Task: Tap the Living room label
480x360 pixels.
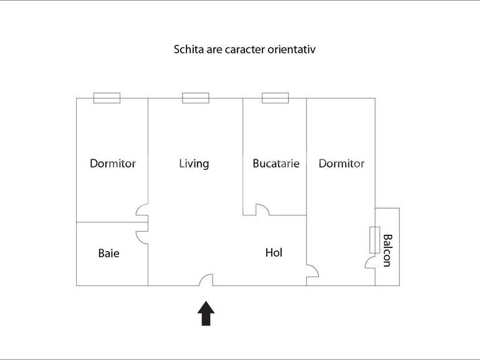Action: pyautogui.click(x=194, y=164)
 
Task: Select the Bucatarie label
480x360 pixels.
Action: pyautogui.click(x=276, y=164)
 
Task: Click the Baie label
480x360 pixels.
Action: pyautogui.click(x=108, y=253)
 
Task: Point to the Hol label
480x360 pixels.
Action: pyautogui.click(x=274, y=252)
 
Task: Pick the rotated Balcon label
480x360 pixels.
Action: pyautogui.click(x=387, y=250)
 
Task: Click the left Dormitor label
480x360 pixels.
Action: pyautogui.click(x=113, y=164)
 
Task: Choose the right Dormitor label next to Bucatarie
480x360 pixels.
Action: pyautogui.click(x=341, y=164)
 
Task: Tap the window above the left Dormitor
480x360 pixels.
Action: pyautogui.click(x=107, y=98)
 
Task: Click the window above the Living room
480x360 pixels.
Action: pyautogui.click(x=195, y=98)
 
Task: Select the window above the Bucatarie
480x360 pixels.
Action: pyautogui.click(x=275, y=98)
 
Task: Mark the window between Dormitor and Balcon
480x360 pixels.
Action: pyautogui.click(x=375, y=240)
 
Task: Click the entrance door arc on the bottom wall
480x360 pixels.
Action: pyautogui.click(x=206, y=280)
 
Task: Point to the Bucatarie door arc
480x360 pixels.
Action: pyautogui.click(x=262, y=210)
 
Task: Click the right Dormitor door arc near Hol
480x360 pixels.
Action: pyautogui.click(x=312, y=271)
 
